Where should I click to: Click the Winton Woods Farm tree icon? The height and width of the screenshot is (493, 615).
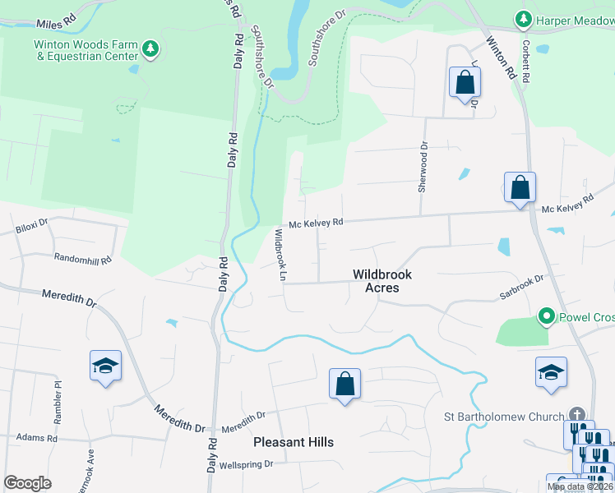[150, 49]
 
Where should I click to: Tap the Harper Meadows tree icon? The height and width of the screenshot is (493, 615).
[522, 18]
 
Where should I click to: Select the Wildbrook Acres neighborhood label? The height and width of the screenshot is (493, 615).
[381, 281]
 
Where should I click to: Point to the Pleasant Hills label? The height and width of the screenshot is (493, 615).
[294, 442]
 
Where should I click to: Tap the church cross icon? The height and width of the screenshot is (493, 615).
[578, 416]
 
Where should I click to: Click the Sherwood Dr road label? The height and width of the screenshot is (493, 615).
[423, 168]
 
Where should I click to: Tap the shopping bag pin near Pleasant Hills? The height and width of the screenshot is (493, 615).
[345, 385]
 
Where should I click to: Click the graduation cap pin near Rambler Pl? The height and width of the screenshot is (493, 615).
[106, 366]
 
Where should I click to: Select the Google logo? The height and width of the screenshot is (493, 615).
[27, 483]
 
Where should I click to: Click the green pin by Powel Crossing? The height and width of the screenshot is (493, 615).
[544, 316]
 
